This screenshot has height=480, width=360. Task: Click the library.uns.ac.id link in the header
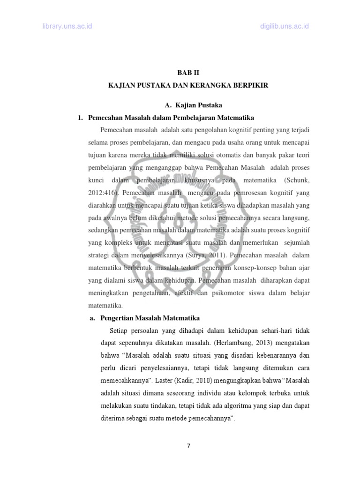66,26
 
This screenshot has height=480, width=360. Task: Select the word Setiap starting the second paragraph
120,330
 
